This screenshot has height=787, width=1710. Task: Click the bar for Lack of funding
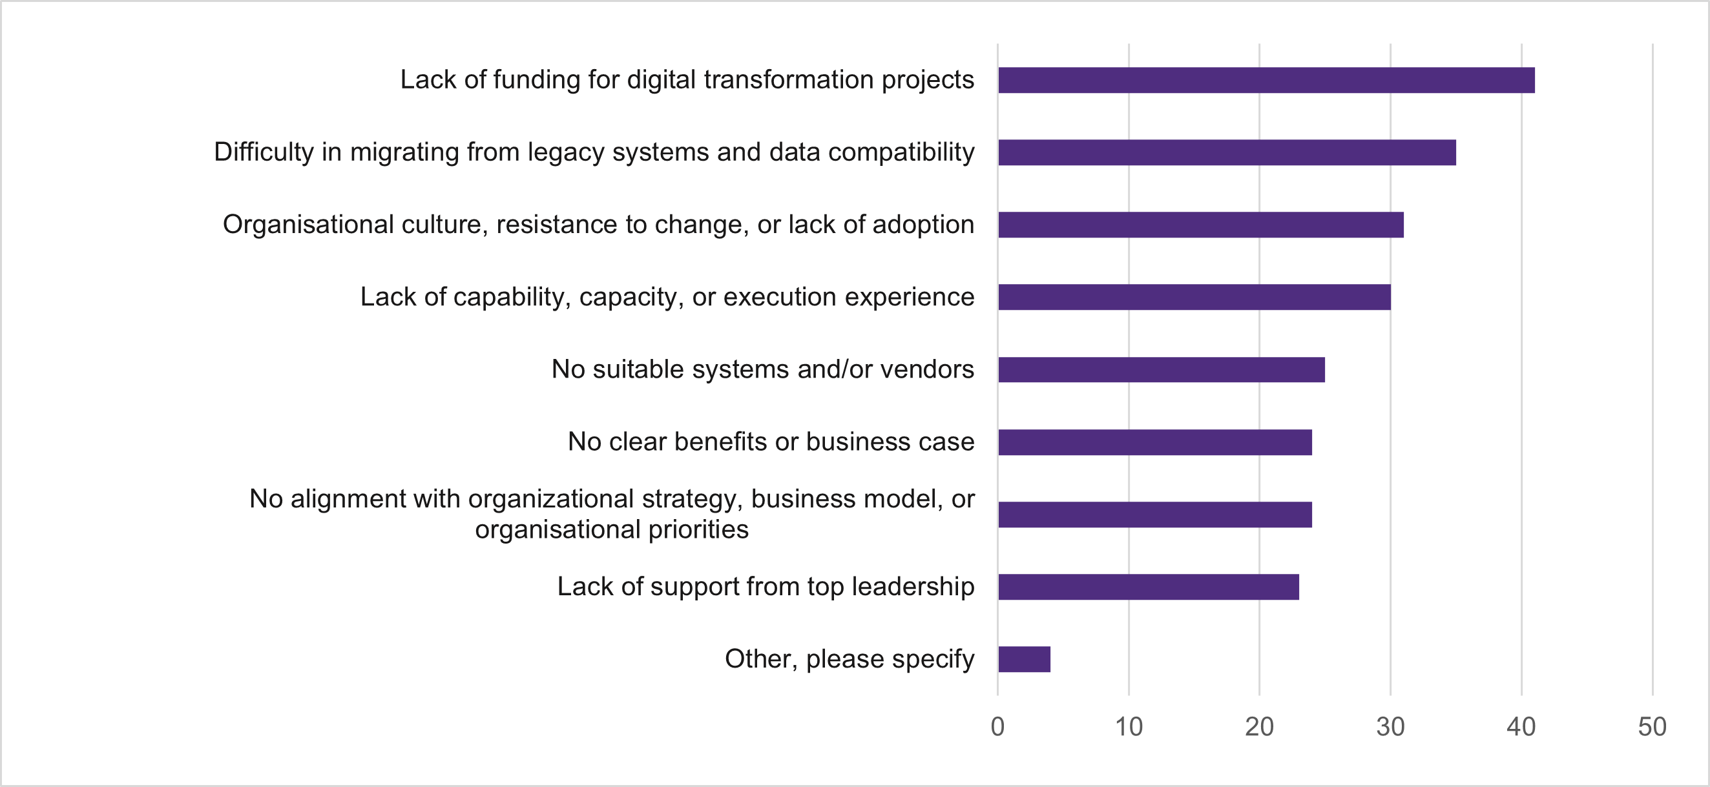[x=1266, y=80]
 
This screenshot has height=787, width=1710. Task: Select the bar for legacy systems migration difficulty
[x=1227, y=152]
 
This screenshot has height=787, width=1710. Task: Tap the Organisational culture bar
[x=1200, y=225]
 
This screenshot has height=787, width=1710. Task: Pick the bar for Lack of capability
[x=1194, y=297]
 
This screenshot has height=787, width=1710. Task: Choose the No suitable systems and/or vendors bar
[x=1161, y=369]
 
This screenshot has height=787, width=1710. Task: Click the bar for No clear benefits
[x=1154, y=442]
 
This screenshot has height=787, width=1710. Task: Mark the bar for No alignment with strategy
[x=1154, y=515]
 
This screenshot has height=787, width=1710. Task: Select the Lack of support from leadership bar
[x=1148, y=587]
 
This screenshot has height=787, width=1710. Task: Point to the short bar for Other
[x=1024, y=659]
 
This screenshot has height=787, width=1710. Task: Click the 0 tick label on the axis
[x=997, y=726]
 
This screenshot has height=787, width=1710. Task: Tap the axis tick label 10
[x=1128, y=726]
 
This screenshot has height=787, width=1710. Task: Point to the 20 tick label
[x=1258, y=726]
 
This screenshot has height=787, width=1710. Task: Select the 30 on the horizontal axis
[x=1390, y=726]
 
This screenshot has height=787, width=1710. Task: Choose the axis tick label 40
[x=1520, y=726]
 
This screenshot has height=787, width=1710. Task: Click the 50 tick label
[x=1652, y=726]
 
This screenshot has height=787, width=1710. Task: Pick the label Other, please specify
[x=849, y=659]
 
